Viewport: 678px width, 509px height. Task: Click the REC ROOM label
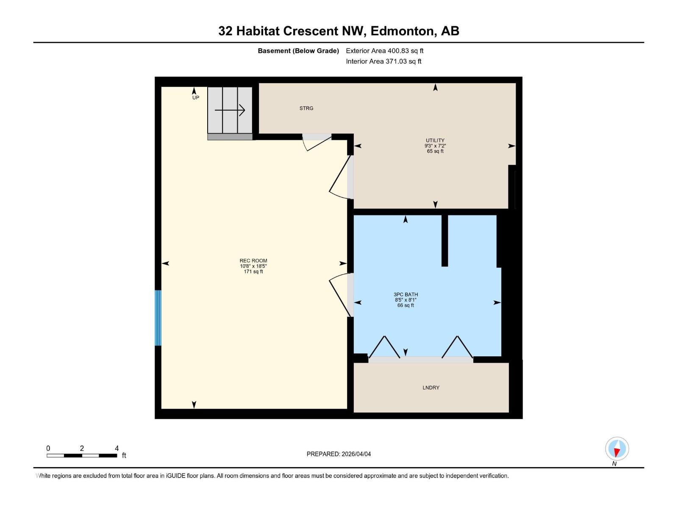(x=253, y=261)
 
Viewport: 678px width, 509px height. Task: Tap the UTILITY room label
(x=435, y=140)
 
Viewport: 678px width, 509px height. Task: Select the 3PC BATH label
(x=406, y=294)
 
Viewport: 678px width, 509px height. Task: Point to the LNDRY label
(x=431, y=388)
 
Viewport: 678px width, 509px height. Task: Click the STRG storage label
(x=306, y=108)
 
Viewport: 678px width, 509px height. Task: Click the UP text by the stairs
(x=196, y=98)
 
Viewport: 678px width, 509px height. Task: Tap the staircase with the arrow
(x=230, y=110)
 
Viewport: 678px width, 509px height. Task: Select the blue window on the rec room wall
(x=158, y=318)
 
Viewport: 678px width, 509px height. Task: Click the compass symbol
(x=617, y=449)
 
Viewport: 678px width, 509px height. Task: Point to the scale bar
(x=82, y=456)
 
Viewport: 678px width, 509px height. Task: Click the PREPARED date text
(x=339, y=454)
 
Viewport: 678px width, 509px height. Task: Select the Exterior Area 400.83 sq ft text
(x=385, y=51)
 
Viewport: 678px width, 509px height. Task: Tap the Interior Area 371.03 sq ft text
(x=383, y=62)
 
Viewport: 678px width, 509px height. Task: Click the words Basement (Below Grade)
(x=298, y=51)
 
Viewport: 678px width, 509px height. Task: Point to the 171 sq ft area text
(x=253, y=271)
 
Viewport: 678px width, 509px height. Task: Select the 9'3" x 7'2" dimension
(x=435, y=146)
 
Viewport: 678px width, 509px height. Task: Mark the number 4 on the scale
(x=117, y=448)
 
